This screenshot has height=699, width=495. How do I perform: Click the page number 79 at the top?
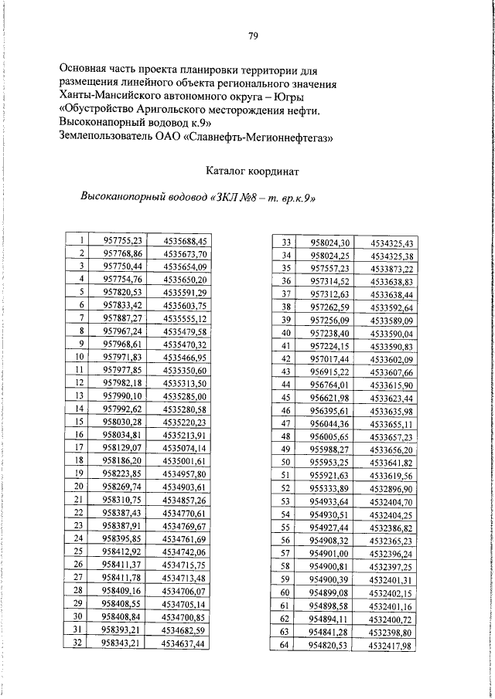(x=252, y=36)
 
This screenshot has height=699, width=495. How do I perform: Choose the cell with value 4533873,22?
(x=391, y=268)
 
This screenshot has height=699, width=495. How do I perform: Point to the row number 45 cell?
(x=285, y=397)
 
